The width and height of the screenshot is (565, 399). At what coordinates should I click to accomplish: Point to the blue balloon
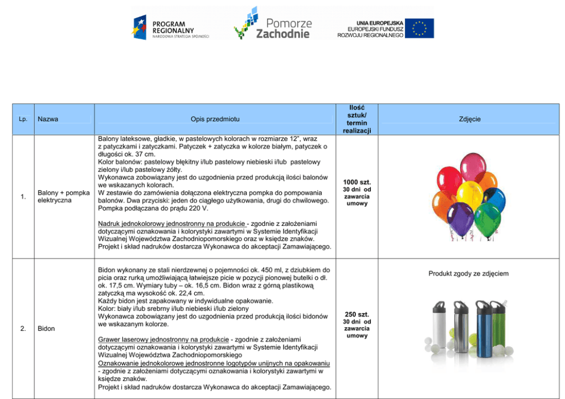coord(494,199)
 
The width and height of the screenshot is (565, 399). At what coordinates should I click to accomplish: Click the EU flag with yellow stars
coord(420,28)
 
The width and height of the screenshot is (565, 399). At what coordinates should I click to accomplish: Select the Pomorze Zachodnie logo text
coord(283,28)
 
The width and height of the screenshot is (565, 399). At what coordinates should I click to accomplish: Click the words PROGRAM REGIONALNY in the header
coord(173,27)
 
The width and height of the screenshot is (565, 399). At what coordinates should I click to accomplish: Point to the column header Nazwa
coord(48,120)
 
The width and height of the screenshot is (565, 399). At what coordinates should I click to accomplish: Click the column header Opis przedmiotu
coord(215,120)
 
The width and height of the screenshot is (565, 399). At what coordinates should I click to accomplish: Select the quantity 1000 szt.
coord(357,182)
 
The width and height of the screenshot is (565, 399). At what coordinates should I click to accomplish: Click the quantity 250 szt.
coord(357,314)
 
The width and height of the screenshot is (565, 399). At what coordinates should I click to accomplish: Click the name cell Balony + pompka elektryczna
coord(63,197)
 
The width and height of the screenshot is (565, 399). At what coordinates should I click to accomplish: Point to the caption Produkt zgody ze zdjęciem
coord(469,274)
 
